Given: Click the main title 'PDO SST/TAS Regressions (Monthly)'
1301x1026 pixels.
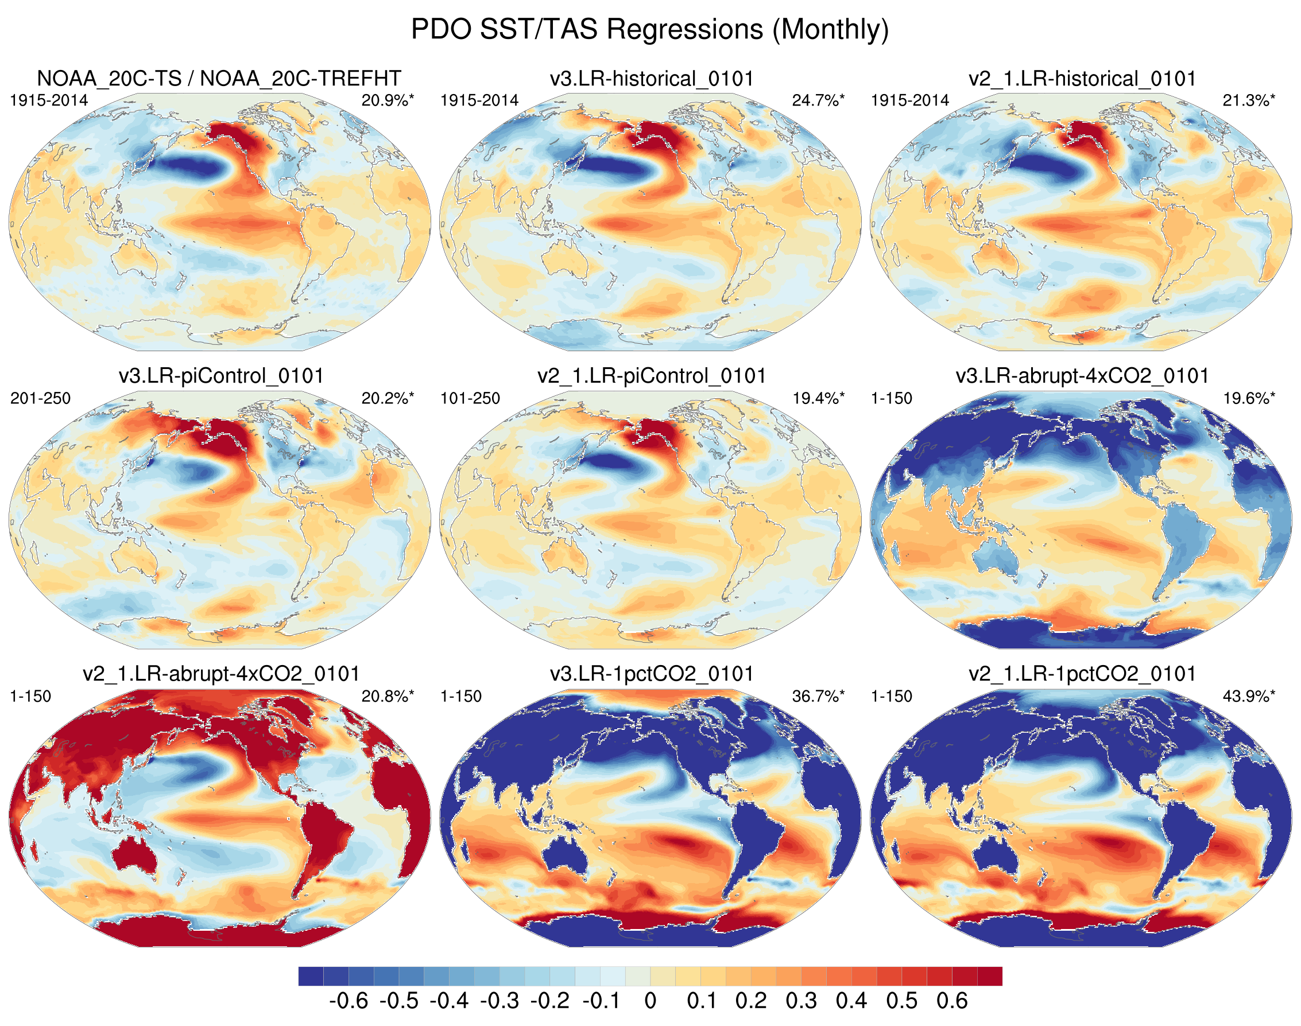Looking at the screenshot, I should point(649,29).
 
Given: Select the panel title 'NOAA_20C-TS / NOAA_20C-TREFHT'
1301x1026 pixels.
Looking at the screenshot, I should point(219,79).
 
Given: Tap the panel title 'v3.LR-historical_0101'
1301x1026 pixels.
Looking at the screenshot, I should point(652,79).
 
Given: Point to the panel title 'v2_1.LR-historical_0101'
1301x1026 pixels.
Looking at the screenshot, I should point(1082,79).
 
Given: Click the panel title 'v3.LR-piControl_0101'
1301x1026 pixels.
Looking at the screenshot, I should point(220,376).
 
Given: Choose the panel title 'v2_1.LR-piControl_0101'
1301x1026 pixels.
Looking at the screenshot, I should point(652,376).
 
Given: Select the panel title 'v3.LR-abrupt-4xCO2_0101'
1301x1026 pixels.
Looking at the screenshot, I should point(1082,376).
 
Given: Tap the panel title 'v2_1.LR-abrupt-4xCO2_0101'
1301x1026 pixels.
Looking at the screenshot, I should point(220,674).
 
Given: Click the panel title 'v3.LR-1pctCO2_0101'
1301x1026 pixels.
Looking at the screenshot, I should point(652,674).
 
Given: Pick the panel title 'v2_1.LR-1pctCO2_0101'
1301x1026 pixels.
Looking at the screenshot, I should point(1082,674).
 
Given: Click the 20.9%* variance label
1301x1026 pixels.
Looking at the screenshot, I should point(388,100).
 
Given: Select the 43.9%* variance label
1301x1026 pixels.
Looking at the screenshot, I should point(1249,696).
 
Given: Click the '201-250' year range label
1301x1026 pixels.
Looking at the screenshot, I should point(40,398).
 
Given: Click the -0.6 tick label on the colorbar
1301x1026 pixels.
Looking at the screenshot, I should point(349,1001).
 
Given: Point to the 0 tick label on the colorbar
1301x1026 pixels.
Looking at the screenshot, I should point(649,1001).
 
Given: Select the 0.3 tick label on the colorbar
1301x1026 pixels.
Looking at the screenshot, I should point(801,1001).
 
